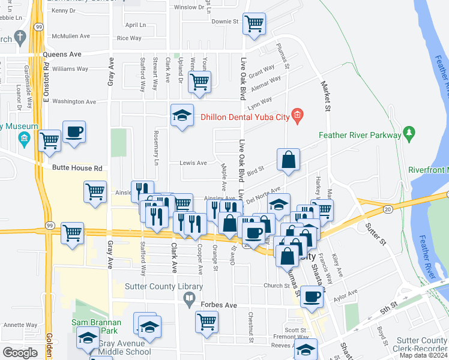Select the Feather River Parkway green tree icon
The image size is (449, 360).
click(409, 133)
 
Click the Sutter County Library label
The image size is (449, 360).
click(155, 287)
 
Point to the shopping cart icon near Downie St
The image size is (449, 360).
click(255, 24)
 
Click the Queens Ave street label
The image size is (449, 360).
click(62, 54)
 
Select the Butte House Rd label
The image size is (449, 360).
click(77, 169)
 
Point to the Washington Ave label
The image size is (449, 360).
click(74, 102)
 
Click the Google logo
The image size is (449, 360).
click(20, 353)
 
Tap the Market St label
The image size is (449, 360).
click(327, 97)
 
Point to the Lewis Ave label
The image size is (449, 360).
click(193, 163)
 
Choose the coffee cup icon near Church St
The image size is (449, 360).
click(311, 296)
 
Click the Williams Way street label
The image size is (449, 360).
click(70, 70)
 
